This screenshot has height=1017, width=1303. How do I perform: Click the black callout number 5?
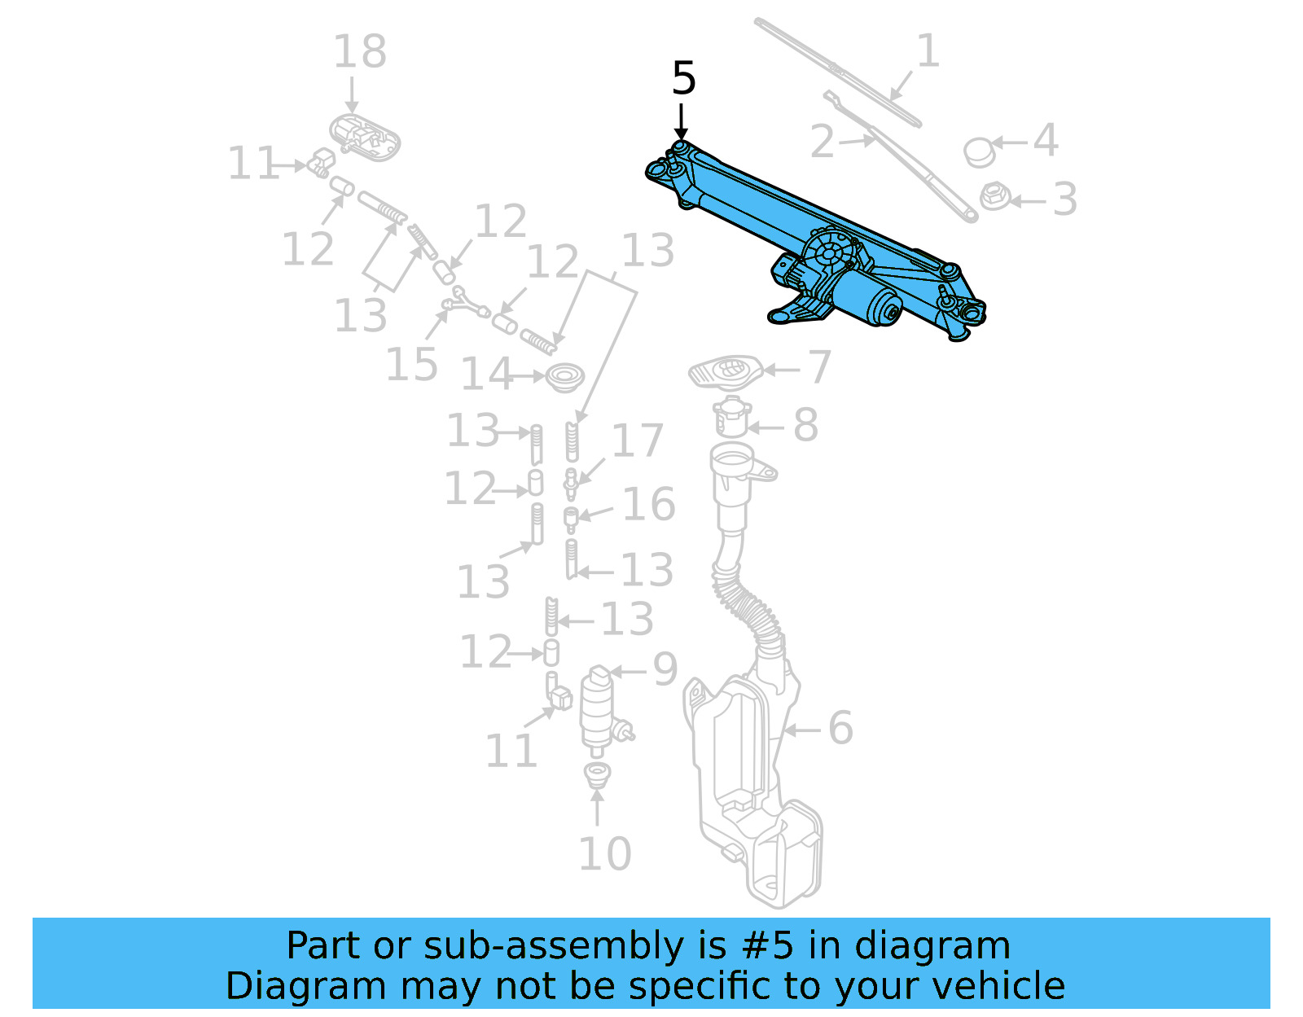[683, 79]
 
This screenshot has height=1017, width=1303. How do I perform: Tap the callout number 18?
[359, 52]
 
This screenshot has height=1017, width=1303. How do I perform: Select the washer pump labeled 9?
[599, 708]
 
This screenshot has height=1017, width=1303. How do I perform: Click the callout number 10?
[604, 854]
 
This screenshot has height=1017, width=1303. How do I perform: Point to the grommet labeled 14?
[564, 377]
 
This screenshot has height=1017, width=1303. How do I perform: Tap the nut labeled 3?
[994, 196]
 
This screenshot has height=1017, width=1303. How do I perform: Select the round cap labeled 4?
[978, 151]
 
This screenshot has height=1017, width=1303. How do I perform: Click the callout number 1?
[928, 51]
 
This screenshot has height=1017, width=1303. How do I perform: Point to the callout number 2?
[823, 142]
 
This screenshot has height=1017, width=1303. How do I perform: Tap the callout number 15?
[411, 364]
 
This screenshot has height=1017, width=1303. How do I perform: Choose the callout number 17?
[638, 441]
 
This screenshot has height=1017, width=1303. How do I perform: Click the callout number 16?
[648, 504]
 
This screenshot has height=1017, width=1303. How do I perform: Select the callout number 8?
[805, 425]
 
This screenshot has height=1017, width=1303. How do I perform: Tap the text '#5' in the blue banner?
[766, 946]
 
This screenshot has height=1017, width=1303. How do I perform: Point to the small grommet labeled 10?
[598, 774]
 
